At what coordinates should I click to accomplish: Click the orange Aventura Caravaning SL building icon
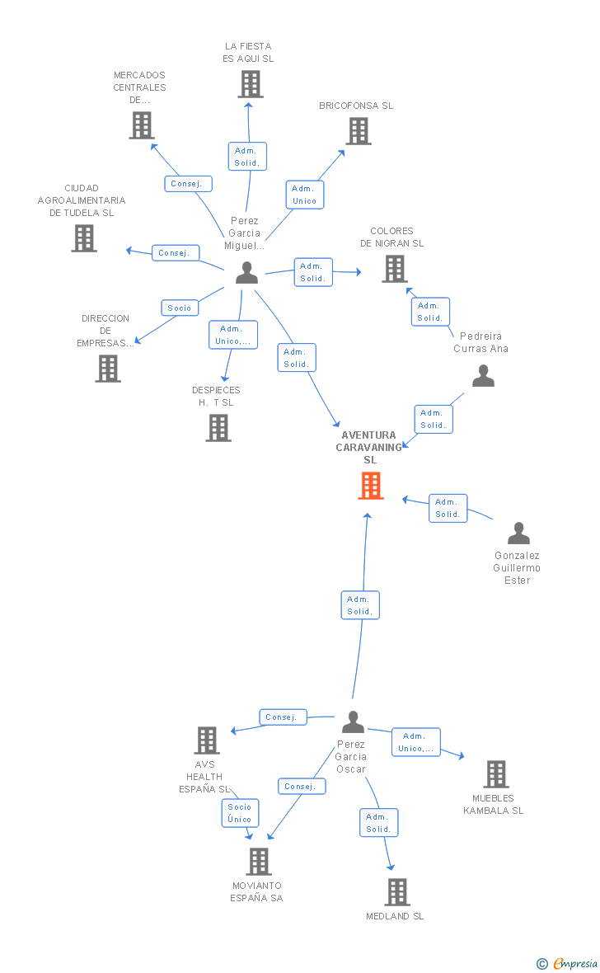tap(371, 486)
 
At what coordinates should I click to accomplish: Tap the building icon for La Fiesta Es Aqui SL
tap(251, 84)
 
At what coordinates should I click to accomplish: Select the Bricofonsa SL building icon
tap(359, 130)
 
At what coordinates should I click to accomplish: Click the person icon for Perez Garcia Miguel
tap(246, 273)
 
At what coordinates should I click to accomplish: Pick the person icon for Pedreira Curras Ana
tap(483, 376)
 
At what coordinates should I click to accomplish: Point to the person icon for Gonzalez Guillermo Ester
tap(518, 534)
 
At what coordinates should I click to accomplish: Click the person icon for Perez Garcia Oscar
tap(353, 722)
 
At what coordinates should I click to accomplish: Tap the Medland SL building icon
tap(397, 891)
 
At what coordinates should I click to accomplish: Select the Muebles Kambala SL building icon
tap(495, 773)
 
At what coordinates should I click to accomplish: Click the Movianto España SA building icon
tap(259, 861)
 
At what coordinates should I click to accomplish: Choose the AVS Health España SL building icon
tap(207, 740)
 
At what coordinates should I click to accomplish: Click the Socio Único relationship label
tap(240, 813)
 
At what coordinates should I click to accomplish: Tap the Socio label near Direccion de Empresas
tap(179, 308)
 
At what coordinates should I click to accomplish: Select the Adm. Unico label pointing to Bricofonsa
tap(304, 195)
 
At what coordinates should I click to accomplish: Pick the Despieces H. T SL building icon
tap(218, 427)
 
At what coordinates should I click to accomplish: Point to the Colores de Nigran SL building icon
tap(395, 268)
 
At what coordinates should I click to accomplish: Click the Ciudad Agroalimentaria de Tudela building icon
tap(84, 237)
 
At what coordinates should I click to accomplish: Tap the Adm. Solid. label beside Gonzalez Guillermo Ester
tap(448, 508)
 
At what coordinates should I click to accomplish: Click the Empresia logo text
tap(574, 963)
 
